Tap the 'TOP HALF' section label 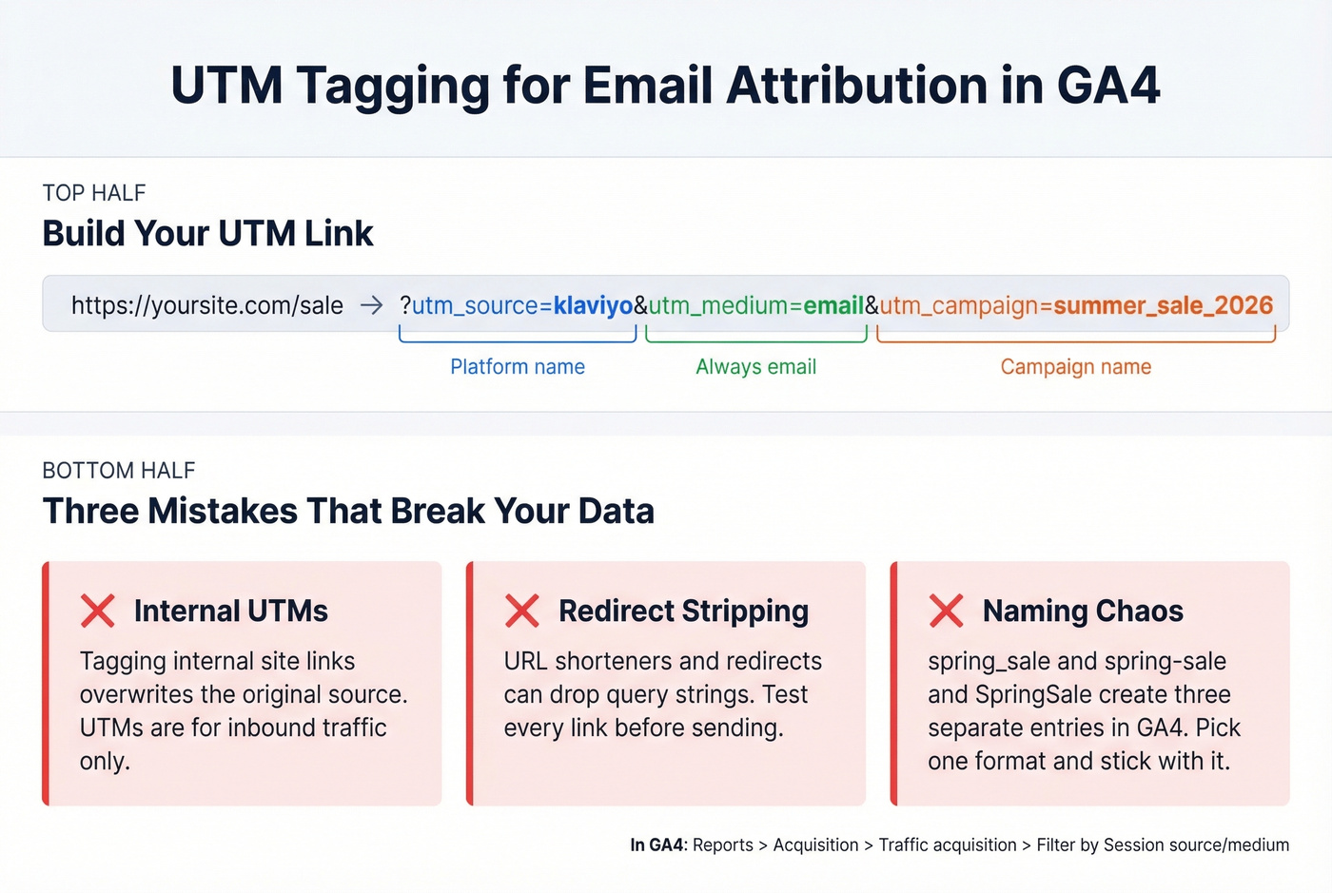point(94,193)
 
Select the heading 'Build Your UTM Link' point(207,234)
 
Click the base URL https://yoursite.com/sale point(206,305)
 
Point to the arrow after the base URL point(371,305)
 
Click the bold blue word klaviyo point(593,305)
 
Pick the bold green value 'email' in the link point(833,305)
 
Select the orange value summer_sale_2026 point(1163,305)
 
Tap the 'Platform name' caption point(518,367)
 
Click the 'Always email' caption point(755,367)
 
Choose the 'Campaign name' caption point(1075,367)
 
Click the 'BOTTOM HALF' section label point(119,471)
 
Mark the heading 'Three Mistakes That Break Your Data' point(348,512)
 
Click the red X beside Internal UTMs point(98,611)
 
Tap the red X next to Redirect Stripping point(522,611)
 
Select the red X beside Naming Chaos point(946,611)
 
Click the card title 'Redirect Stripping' point(683,611)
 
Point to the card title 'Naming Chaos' point(1083,611)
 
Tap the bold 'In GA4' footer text point(656,844)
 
